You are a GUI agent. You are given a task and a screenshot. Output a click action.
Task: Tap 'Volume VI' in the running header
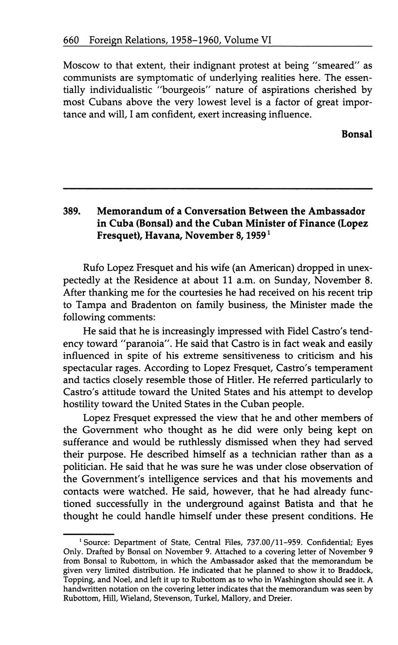[x=248, y=41]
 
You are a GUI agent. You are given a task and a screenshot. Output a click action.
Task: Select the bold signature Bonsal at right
[x=357, y=134]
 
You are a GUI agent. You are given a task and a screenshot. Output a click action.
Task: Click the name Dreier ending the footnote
[x=280, y=599]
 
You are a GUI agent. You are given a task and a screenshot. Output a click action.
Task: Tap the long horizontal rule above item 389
[x=217, y=188]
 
